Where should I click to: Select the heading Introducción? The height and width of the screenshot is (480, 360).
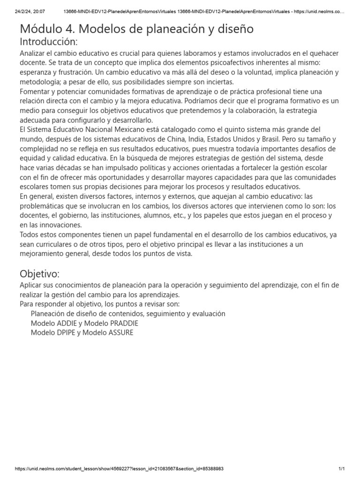(x=49, y=42)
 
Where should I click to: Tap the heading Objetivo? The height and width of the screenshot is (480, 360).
(x=39, y=274)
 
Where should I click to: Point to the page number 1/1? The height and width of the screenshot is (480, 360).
(x=341, y=469)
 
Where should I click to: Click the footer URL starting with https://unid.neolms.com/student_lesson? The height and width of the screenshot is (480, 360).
(x=120, y=469)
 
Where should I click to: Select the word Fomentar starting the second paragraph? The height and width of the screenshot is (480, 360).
(x=37, y=91)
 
